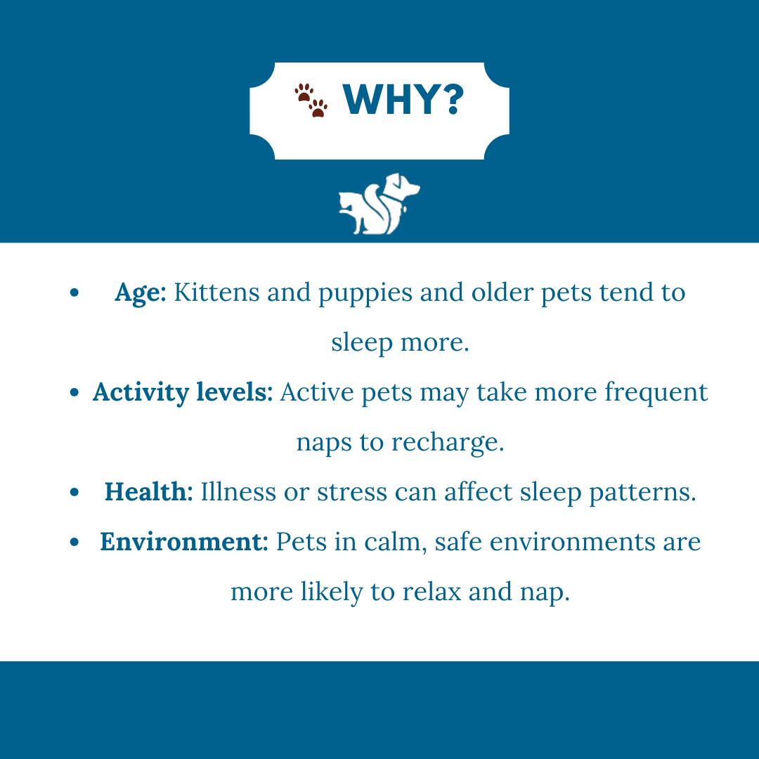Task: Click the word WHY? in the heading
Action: click(x=403, y=99)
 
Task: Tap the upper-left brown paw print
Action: click(x=304, y=93)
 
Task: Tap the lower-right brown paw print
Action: click(x=318, y=108)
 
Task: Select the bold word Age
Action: click(x=140, y=293)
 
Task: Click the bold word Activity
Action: click(x=141, y=393)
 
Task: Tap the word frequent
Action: click(x=656, y=393)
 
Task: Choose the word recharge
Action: click(x=448, y=443)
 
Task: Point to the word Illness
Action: click(x=238, y=491)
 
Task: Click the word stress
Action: click(x=352, y=492)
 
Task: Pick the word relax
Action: click(x=432, y=592)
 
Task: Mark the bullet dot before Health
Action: click(x=74, y=492)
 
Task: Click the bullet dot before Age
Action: click(x=74, y=292)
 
